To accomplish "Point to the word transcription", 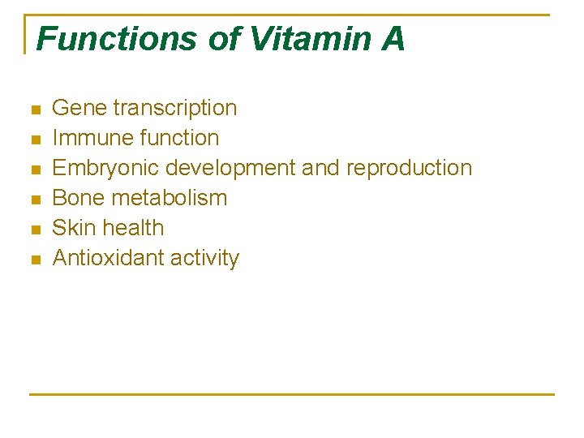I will click(x=175, y=108).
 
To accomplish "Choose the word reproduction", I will click(x=409, y=169).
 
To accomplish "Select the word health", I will click(x=136, y=228).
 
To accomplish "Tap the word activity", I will click(x=205, y=259).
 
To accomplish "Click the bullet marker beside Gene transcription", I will click(x=34, y=109).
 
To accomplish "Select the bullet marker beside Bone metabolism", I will click(x=34, y=200).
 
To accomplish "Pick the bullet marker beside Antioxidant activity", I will click(x=34, y=260).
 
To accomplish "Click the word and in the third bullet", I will click(x=322, y=168).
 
